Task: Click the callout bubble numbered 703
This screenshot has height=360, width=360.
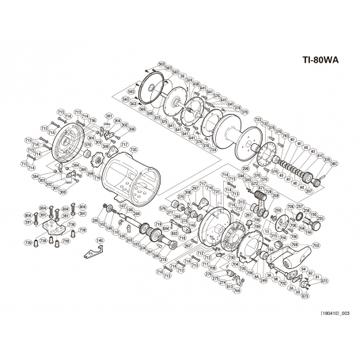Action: (283, 282)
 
